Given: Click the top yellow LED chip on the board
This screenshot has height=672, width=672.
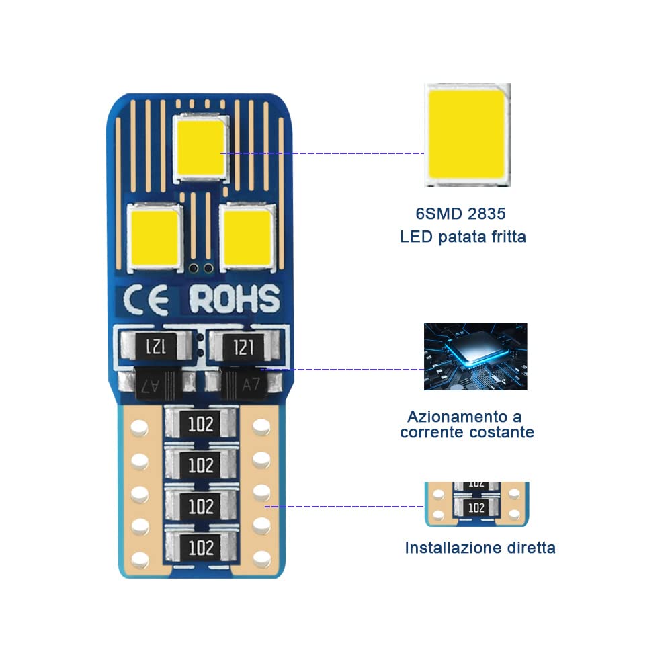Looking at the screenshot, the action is (x=201, y=148).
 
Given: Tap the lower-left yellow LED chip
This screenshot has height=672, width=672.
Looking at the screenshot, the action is (x=155, y=238).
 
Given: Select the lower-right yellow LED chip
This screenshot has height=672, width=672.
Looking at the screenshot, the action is (x=247, y=238).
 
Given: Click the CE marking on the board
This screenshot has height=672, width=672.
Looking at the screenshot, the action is (x=146, y=300).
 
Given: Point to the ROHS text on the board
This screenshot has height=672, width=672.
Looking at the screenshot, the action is (x=235, y=299).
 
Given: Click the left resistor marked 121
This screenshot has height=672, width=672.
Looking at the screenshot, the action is (x=156, y=346).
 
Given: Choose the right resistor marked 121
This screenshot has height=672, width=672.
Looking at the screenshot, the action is (x=243, y=346).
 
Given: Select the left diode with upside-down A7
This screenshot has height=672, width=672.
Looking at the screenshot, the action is (x=157, y=384).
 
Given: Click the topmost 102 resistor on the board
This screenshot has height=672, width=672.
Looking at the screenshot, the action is (x=200, y=424).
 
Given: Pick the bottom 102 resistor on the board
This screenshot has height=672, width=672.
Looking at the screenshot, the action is (x=200, y=547).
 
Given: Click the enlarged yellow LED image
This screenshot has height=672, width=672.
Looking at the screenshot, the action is (x=467, y=135).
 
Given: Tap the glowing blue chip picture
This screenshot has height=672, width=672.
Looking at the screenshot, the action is (x=475, y=357).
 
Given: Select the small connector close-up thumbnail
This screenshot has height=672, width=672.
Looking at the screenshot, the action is (x=476, y=504).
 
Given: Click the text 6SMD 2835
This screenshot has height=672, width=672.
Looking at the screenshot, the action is (x=461, y=214).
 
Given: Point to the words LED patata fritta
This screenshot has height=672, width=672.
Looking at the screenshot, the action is (x=463, y=237).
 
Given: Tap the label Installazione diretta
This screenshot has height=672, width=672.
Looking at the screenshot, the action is (x=480, y=548).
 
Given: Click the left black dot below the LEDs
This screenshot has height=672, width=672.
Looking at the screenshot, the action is (x=194, y=268).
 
